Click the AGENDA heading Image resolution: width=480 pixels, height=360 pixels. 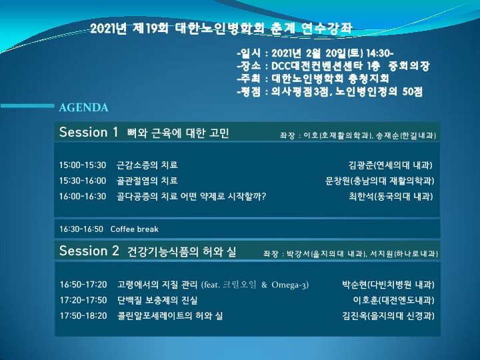pyautogui.click(x=83, y=107)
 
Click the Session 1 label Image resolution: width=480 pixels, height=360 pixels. pyautogui.click(x=89, y=132)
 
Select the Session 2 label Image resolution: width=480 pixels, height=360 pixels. pyautogui.click(x=89, y=251)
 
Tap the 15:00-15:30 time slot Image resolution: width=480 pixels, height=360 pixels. pyautogui.click(x=83, y=165)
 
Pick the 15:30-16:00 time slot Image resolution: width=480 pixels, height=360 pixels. pyautogui.click(x=83, y=181)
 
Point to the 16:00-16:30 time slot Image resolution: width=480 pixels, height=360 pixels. pyautogui.click(x=83, y=196)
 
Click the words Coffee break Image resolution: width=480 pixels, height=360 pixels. pyautogui.click(x=135, y=229)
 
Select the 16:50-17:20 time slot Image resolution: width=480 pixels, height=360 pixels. pyautogui.click(x=83, y=285)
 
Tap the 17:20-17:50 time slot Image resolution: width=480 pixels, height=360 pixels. pyautogui.click(x=83, y=300)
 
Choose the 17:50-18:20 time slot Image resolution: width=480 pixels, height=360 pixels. pyautogui.click(x=83, y=315)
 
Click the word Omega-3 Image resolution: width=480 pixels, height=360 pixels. pyautogui.click(x=289, y=285)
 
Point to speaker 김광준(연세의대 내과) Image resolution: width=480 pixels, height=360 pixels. pyautogui.click(x=391, y=165)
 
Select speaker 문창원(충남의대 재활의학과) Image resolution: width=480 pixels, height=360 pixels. pyautogui.click(x=379, y=181)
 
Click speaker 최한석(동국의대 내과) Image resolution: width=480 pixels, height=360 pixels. pyautogui.click(x=391, y=197)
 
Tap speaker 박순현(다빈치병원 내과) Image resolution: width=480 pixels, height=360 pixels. pyautogui.click(x=388, y=285)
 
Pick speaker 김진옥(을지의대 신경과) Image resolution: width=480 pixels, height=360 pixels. pyautogui.click(x=388, y=316)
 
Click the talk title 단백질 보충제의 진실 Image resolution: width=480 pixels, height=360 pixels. pyautogui.click(x=157, y=300)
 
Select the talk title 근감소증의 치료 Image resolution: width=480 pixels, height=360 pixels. pyautogui.click(x=147, y=165)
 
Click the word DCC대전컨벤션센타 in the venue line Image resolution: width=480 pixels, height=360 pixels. pyautogui.click(x=316, y=66)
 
